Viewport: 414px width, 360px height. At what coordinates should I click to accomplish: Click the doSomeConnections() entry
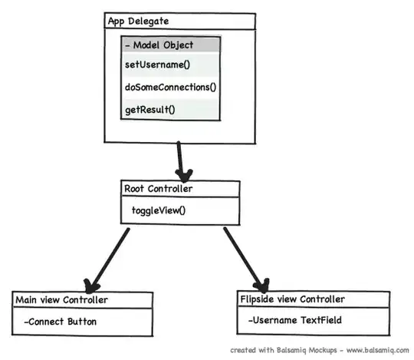click(170, 87)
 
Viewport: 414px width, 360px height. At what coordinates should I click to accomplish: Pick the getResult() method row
click(150, 109)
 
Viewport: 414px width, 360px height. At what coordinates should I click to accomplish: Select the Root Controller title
click(159, 188)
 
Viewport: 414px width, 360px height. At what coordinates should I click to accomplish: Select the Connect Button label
click(61, 322)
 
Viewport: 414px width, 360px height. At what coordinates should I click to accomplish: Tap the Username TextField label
click(294, 321)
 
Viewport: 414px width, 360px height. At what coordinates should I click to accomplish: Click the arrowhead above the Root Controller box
click(184, 173)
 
